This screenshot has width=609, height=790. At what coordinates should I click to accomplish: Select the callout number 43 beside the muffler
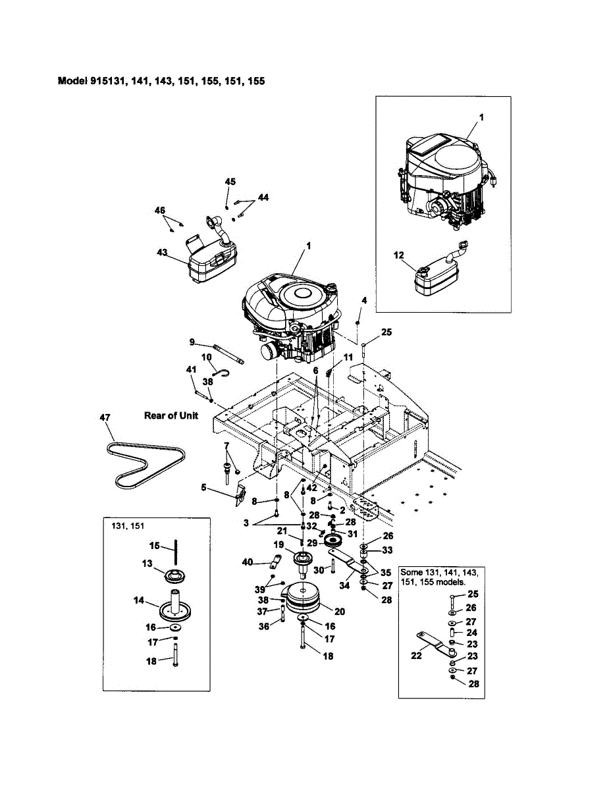(x=162, y=252)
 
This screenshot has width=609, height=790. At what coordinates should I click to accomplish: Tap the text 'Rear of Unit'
(x=171, y=415)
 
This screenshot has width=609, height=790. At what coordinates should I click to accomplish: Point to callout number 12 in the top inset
(x=399, y=255)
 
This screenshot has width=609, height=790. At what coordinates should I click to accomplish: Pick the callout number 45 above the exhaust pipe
(x=230, y=182)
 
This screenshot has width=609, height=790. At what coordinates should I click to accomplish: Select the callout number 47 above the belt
(x=105, y=418)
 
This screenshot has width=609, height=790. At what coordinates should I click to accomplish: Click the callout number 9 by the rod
(x=192, y=342)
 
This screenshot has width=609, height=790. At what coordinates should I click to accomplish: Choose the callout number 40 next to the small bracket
(x=248, y=562)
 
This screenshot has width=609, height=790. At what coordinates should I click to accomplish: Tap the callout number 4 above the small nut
(x=364, y=300)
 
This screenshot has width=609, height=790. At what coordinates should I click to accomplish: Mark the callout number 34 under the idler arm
(x=344, y=585)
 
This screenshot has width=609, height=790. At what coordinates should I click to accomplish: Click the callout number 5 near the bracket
(x=203, y=487)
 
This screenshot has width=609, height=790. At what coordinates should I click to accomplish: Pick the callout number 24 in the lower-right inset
(x=471, y=633)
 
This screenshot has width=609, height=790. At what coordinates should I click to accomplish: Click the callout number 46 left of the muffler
(x=160, y=210)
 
